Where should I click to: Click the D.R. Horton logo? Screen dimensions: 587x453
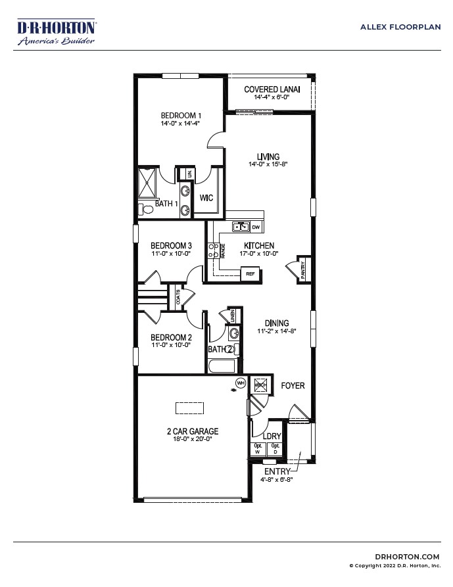pos(57,32)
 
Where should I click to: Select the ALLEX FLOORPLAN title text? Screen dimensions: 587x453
pos(400,27)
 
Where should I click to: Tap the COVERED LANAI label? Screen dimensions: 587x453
pos(272,89)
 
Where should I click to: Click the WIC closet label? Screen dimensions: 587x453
pos(206,197)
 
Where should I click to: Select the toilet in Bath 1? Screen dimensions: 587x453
pos(146,209)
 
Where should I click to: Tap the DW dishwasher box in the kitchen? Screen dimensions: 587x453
pos(256,227)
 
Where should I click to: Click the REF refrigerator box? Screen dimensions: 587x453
pos(250,273)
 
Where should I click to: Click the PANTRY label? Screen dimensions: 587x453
pos(302,270)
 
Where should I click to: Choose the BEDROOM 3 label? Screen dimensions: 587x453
pos(171,245)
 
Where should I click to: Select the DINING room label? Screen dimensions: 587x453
pos(277,323)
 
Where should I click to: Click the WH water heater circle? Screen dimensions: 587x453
pos(241,383)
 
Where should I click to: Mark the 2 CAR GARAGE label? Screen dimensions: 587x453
pos(192,432)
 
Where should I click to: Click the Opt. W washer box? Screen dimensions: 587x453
pos(258,448)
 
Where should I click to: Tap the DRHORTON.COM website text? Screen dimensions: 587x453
pos(412,556)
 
